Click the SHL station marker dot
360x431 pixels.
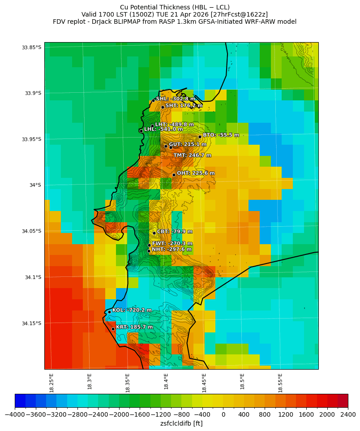click(153, 100)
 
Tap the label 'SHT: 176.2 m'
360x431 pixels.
click(184, 106)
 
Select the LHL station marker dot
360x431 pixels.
click(141, 131)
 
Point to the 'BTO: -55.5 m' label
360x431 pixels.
click(221, 135)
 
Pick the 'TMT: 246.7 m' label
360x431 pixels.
click(192, 155)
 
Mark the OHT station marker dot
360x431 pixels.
click(174, 175)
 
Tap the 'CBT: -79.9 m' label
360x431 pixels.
click(175, 232)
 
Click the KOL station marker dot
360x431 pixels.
click(109, 312)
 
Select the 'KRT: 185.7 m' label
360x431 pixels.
click(134, 328)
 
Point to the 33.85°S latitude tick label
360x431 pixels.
click(31, 47)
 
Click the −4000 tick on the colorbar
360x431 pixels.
click(15, 415)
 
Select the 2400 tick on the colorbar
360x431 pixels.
click(348, 415)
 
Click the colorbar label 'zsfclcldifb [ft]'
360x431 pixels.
click(181, 423)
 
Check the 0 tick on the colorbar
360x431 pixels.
click(223, 415)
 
